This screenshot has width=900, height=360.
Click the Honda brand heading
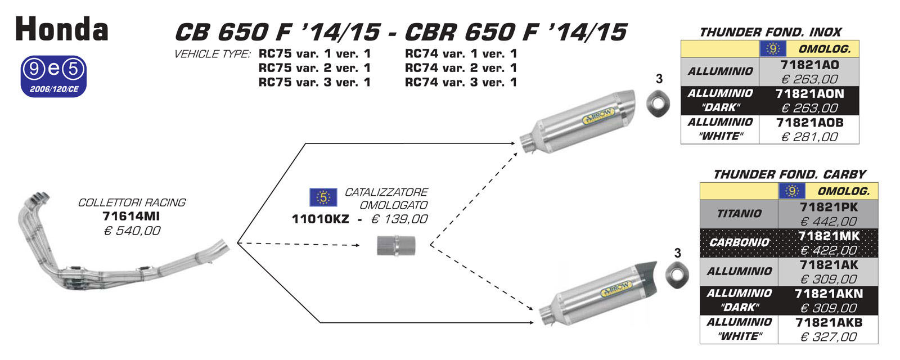[62, 29]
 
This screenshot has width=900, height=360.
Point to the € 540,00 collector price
[132, 231]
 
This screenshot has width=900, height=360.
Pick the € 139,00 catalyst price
[399, 219]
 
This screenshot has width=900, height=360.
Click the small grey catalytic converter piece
[396, 246]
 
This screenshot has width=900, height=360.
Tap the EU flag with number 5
[323, 197]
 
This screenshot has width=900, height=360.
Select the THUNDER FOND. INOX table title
[770, 32]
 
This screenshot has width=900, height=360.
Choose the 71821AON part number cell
[809, 93]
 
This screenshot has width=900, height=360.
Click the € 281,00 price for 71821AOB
[809, 137]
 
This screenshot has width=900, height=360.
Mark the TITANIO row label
[739, 214]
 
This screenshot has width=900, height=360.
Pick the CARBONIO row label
[739, 242]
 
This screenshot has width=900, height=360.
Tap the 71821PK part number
[829, 207]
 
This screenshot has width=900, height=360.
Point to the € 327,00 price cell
[829, 337]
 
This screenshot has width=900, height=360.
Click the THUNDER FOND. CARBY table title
[789, 174]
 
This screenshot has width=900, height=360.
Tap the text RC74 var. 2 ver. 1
[461, 68]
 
